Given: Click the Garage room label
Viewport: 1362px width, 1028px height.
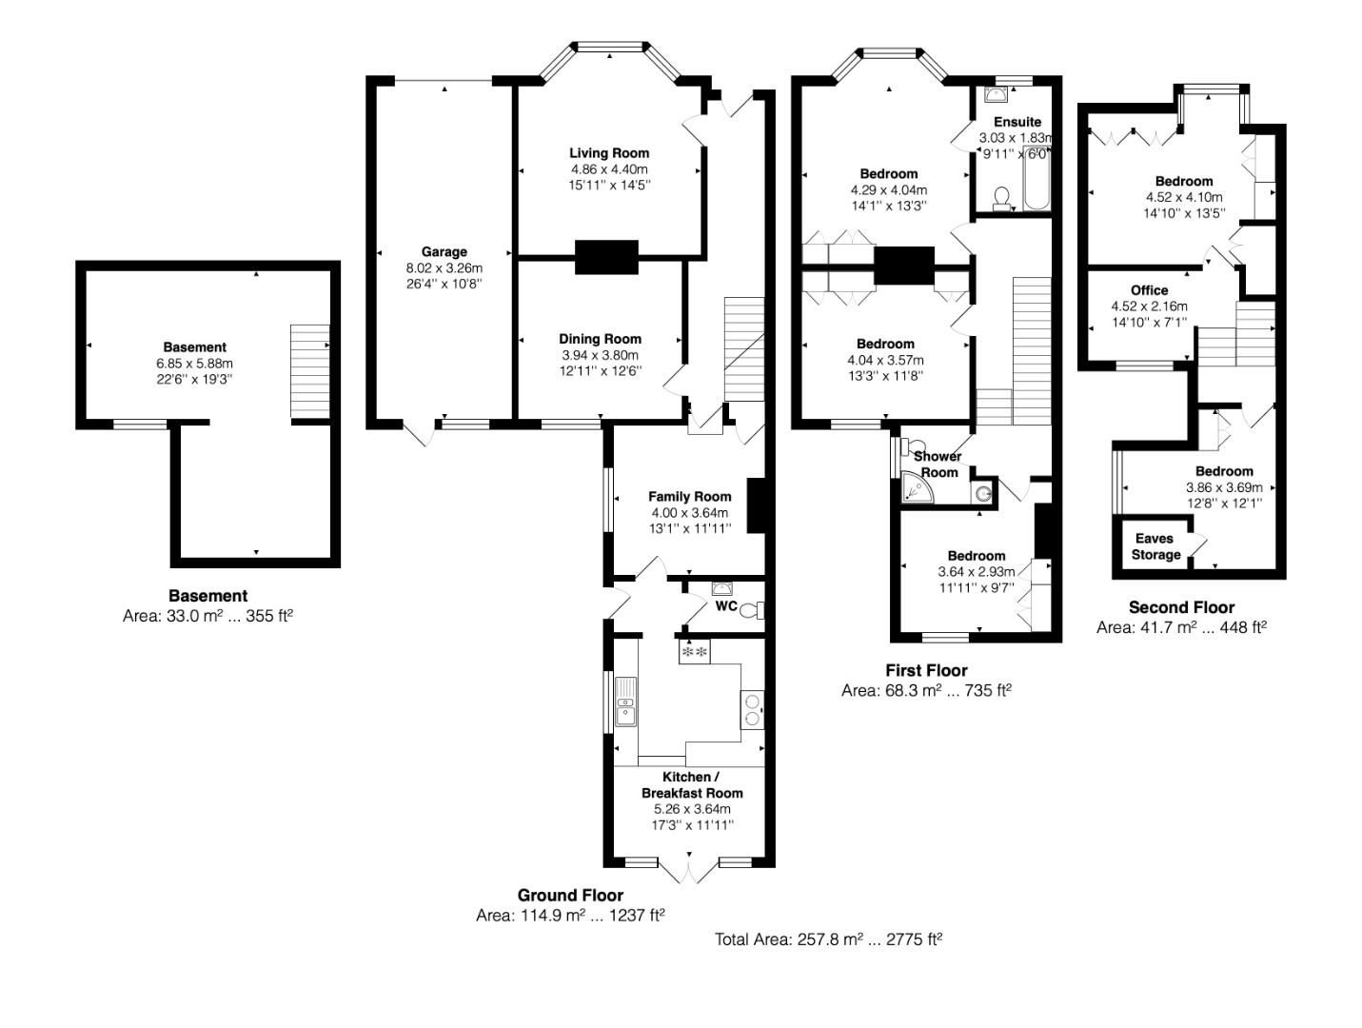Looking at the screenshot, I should tap(444, 252).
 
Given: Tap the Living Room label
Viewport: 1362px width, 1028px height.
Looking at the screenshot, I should tap(609, 153).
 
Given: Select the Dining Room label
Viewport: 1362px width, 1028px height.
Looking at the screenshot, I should tap(600, 339).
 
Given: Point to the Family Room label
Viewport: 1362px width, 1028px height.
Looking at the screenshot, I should tap(690, 497).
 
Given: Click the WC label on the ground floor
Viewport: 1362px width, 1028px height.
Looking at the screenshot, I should tap(725, 606).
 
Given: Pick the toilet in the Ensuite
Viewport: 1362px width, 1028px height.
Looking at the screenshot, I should tap(1001, 197).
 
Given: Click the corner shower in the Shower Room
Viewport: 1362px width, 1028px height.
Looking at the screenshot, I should tap(915, 488).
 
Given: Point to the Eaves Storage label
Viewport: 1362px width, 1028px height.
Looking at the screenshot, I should tap(1155, 546).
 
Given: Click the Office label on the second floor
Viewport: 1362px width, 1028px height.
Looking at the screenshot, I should tap(1149, 290).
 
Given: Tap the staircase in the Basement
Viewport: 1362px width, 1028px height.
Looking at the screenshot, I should tap(309, 371).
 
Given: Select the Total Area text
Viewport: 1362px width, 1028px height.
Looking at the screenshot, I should tap(828, 939).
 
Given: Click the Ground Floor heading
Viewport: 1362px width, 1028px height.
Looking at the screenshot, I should tap(570, 895).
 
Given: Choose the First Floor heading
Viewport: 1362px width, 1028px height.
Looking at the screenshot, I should tap(926, 670).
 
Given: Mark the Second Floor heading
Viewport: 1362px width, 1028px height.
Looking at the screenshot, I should tap(1181, 607).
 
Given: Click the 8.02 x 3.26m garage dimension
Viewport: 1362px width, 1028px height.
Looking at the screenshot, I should tap(444, 267).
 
